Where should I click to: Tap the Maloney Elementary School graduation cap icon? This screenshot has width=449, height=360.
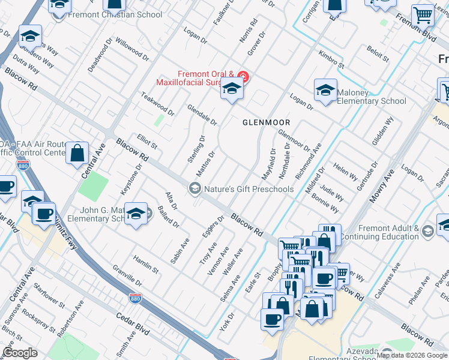point(325,91)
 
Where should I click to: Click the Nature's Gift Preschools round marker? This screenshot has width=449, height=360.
point(194,189)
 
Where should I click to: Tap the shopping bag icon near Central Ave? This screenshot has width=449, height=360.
point(77,154)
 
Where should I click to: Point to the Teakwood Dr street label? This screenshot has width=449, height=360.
point(157,104)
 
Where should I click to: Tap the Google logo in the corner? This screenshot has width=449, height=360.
point(20,352)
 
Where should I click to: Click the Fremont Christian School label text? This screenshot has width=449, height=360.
point(115,15)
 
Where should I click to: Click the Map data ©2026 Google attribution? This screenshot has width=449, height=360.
point(412,355)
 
